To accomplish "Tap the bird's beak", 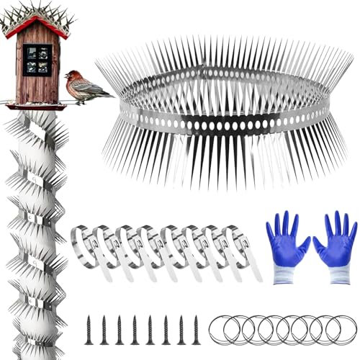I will pos(66,75).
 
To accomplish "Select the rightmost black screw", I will pos(196,328).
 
